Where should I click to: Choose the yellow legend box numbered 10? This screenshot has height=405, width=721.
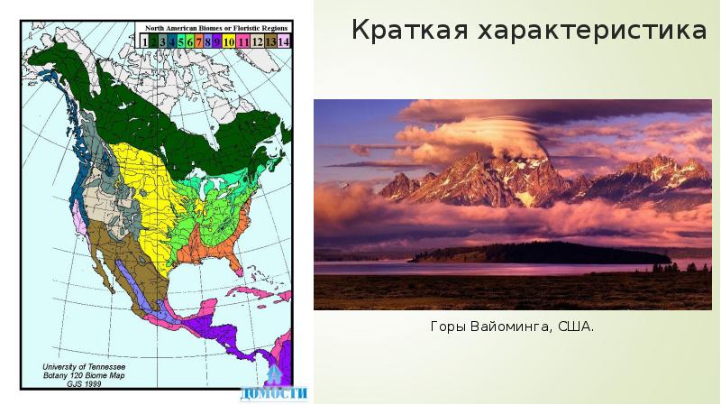(229, 41)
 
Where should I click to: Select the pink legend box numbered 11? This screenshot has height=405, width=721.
(243, 41)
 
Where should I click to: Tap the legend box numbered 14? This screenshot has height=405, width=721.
(284, 41)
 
